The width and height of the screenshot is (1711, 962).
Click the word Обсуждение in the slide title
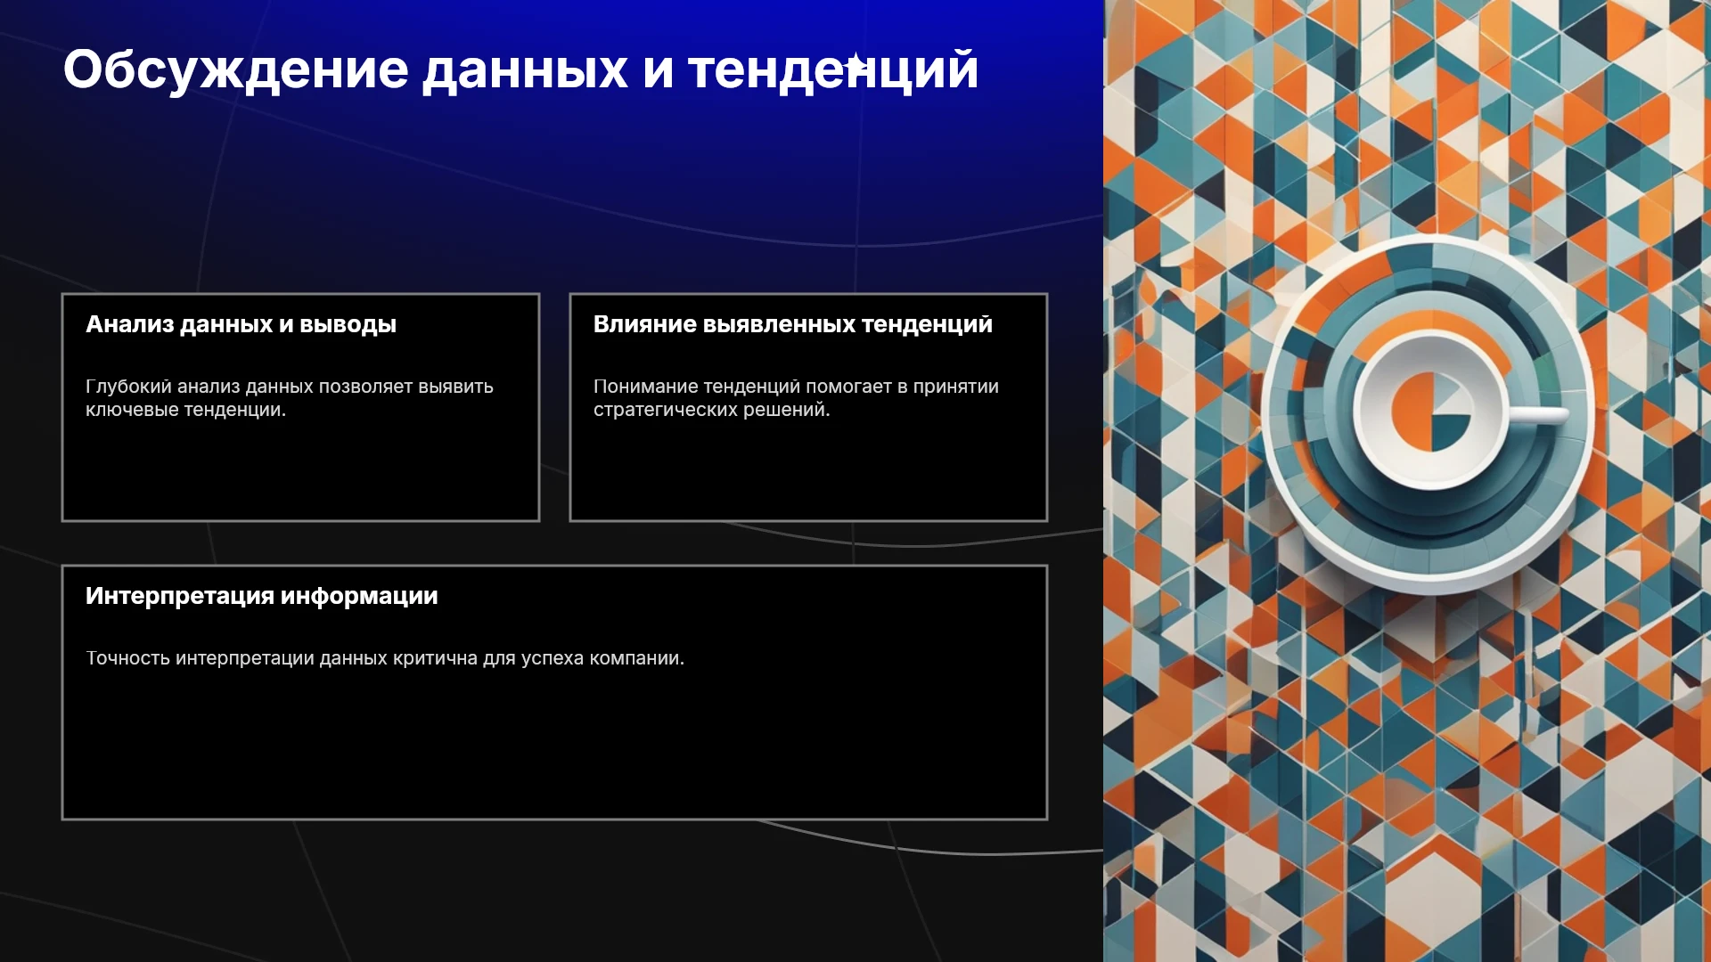pos(236,70)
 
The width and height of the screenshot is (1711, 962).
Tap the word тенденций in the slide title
pos(833,70)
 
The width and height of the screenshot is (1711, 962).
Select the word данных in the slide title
pos(525,70)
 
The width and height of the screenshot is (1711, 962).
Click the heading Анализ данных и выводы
pos(241,324)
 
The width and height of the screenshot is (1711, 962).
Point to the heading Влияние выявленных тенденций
pos(793,324)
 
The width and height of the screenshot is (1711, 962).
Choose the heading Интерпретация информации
pos(262,596)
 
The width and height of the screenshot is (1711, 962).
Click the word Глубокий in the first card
pos(128,387)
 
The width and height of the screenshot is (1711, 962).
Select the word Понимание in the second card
pos(643,387)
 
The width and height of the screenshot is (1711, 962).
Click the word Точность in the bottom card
pos(127,658)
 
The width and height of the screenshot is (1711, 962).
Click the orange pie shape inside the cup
pos(1411,411)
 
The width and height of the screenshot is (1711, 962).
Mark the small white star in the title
pos(855,64)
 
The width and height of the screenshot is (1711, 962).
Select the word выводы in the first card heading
pos(348,324)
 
